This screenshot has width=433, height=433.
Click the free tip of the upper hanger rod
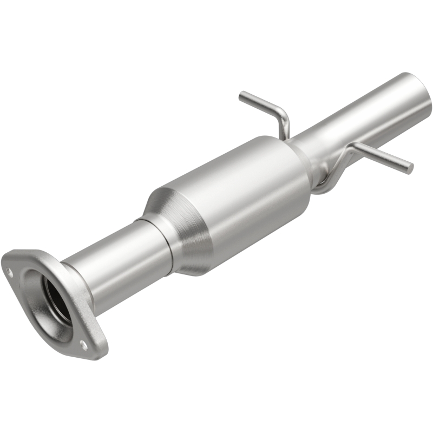point(241,96)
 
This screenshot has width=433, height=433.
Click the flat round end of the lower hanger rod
point(410,168)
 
